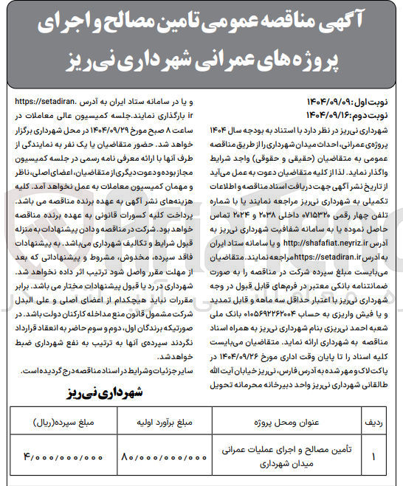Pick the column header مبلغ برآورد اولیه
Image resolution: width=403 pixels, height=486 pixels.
(164, 425)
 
